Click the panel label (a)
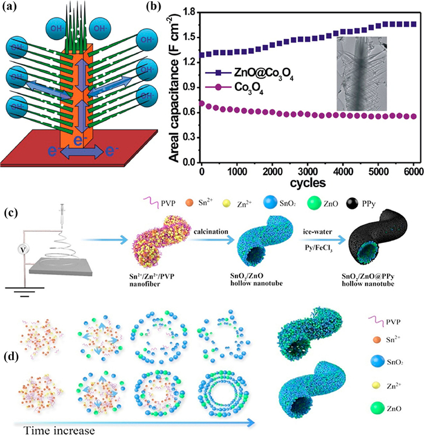click(x=12, y=9)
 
